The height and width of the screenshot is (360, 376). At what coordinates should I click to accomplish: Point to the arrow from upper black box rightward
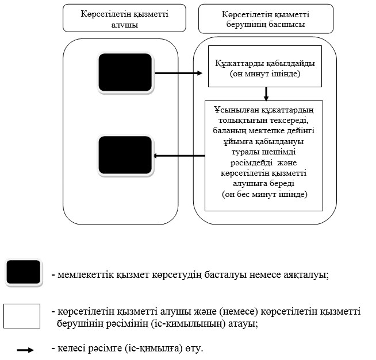pos(178,73)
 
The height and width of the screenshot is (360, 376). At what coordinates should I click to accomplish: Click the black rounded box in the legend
pos(24,273)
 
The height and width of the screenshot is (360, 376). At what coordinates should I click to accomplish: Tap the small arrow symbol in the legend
pos(25,350)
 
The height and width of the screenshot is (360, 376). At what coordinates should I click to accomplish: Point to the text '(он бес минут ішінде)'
pos(265,195)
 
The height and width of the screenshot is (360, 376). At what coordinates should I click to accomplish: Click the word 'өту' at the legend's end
pos(194,349)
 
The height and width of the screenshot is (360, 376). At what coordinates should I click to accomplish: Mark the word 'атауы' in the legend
pos(241,323)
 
